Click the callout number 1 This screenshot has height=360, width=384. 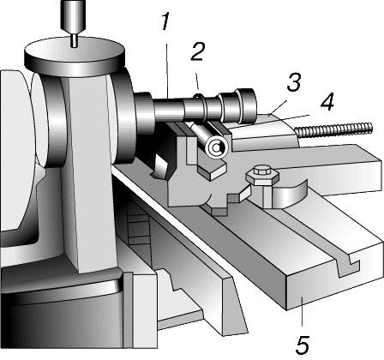pos(165,21)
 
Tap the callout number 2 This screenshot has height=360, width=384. pos(198,51)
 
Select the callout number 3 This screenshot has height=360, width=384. pos(294,82)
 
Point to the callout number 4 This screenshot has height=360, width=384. pos(327,102)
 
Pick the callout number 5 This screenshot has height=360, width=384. pos(302,345)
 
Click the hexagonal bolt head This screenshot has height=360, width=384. pos(262,176)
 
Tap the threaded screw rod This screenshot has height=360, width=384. pos(334,129)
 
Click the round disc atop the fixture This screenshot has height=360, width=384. pos(75,56)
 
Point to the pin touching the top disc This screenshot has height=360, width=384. pos(74,40)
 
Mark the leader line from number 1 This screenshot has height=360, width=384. pos(167,71)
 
